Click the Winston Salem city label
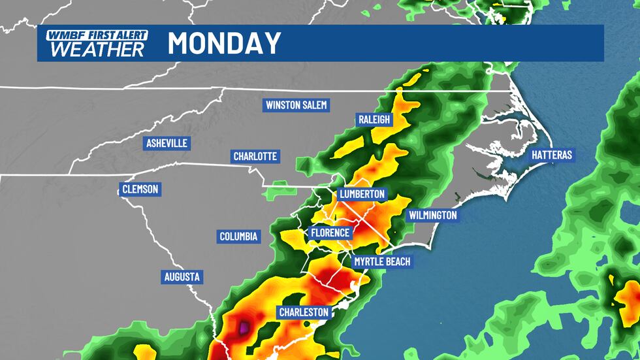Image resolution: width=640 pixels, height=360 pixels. coord(296,105)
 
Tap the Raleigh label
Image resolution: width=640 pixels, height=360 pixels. coord(374,119)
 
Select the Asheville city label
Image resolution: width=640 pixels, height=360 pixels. coord(167,143)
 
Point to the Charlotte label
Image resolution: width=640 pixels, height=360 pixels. coord(256,156)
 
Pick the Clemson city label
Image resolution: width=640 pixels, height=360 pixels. coord(140,189)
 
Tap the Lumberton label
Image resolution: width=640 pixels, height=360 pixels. coord(362,195)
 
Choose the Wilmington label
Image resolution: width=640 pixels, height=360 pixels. coord(432,215)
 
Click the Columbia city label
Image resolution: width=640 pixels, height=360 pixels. coord(238,237)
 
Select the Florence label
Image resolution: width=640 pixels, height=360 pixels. coord(330,233)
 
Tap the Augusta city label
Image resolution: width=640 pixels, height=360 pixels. coord(182,277)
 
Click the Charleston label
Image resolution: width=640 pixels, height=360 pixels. coord(304,312)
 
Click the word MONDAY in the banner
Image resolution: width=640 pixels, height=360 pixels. coord(224,44)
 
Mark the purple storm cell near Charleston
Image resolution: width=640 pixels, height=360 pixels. coord(244,327)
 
